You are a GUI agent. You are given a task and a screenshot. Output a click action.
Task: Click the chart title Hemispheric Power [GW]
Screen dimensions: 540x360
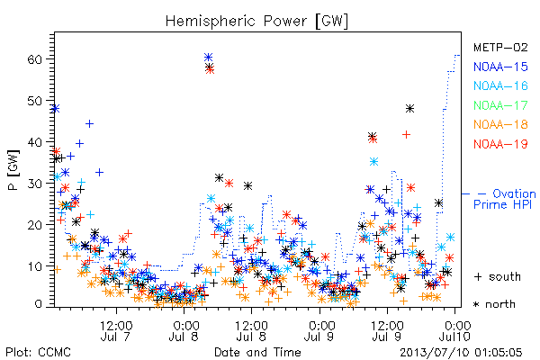coord(256,22)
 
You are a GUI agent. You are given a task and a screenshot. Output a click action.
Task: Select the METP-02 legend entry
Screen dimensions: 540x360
coord(500,47)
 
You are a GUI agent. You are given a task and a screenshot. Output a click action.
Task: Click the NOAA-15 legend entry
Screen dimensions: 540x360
coord(500,67)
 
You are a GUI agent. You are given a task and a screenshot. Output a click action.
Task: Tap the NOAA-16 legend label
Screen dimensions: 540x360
coord(500,85)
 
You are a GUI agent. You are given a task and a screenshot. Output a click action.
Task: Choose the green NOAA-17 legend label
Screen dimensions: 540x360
coord(500,105)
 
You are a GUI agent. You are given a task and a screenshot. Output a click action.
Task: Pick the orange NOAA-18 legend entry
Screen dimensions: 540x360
coord(500,124)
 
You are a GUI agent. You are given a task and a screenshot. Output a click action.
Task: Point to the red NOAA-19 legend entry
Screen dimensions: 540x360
coord(500,144)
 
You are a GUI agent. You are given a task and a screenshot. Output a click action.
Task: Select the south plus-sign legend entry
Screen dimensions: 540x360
coord(498,276)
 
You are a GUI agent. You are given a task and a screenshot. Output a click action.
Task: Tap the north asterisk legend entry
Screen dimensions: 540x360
coord(494,304)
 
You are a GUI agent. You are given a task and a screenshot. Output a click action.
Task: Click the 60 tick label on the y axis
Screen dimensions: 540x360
coord(34,59)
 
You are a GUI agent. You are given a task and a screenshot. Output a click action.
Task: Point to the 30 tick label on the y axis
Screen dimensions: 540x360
coord(34,184)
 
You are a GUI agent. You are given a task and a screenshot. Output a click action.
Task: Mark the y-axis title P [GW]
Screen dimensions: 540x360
coord(13,170)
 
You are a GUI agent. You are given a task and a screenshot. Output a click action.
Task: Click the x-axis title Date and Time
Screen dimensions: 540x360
coord(257,352)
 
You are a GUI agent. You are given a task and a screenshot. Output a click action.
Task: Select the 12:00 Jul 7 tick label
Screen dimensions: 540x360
coord(116,330)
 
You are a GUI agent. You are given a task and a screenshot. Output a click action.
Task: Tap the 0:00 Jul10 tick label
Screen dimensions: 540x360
coord(455,330)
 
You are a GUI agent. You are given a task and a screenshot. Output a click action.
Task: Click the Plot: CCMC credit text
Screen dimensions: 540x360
coord(38,352)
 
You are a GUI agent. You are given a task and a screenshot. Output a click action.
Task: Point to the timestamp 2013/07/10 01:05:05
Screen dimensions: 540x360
coord(461,352)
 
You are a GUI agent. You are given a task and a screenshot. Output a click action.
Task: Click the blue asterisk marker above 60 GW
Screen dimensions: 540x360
coord(208,57)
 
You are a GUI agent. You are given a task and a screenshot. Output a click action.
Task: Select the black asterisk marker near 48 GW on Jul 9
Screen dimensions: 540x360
coord(409,109)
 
